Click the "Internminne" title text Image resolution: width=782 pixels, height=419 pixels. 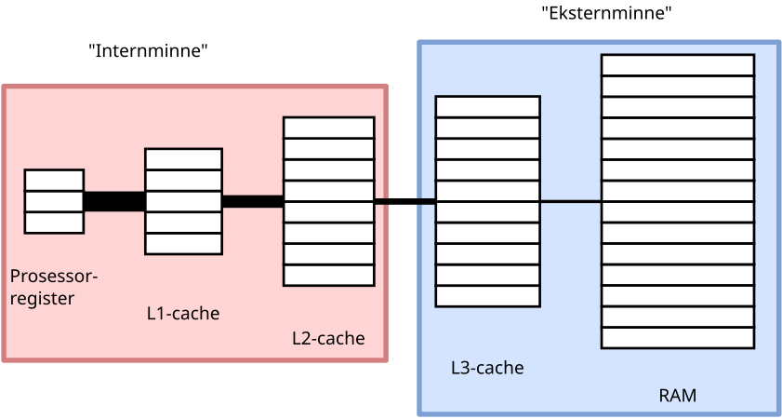(x=147, y=51)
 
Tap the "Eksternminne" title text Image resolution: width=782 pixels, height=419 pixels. (x=606, y=13)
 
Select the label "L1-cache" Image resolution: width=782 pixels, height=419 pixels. (x=183, y=314)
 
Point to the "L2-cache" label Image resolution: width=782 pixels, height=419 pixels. (x=328, y=338)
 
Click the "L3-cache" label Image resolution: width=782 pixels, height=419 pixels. (x=487, y=368)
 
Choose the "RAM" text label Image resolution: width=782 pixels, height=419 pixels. (x=678, y=396)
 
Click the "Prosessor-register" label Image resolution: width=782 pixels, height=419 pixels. (x=53, y=287)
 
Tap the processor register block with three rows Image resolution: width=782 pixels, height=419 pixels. (x=54, y=201)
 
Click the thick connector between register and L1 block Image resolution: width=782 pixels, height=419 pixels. (x=114, y=201)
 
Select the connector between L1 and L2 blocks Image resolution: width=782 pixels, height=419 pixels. (x=252, y=201)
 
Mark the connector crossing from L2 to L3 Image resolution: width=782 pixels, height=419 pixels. (x=405, y=201)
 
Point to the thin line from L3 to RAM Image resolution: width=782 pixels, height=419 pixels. (x=570, y=201)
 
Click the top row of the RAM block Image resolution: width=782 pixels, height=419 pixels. (x=677, y=65)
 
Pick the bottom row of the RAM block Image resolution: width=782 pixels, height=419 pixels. (x=677, y=338)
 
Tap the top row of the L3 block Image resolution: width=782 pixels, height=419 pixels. (x=487, y=106)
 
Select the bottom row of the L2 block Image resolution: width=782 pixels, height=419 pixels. (x=328, y=276)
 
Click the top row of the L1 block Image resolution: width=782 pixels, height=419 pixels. (x=183, y=159)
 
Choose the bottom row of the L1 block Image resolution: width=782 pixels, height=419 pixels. (x=183, y=243)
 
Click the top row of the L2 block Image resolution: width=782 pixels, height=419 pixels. (x=328, y=128)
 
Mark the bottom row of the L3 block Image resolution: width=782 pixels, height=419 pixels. (x=487, y=296)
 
